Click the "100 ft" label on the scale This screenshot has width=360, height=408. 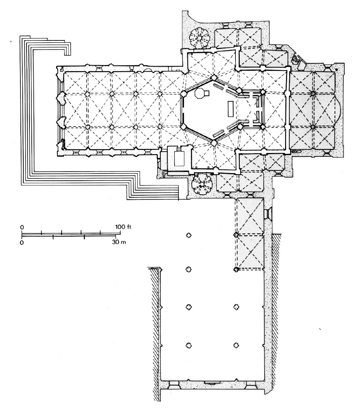tap(123, 227)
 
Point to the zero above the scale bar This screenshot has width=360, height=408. tap(22, 227)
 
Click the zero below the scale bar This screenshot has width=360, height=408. tap(22, 242)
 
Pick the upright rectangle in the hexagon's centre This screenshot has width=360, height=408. tap(230, 109)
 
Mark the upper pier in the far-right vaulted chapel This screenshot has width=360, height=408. tap(313, 93)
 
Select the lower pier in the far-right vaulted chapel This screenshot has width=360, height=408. tap(313, 127)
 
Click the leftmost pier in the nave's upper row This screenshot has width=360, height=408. tap(87, 94)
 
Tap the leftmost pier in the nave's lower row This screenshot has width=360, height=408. tap(87, 127)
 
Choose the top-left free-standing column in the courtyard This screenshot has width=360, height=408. tap(188, 236)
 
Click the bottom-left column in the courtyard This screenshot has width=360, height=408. tap(188, 345)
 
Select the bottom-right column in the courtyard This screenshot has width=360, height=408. tap(236, 345)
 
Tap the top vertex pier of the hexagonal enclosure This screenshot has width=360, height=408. tap(214, 78)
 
